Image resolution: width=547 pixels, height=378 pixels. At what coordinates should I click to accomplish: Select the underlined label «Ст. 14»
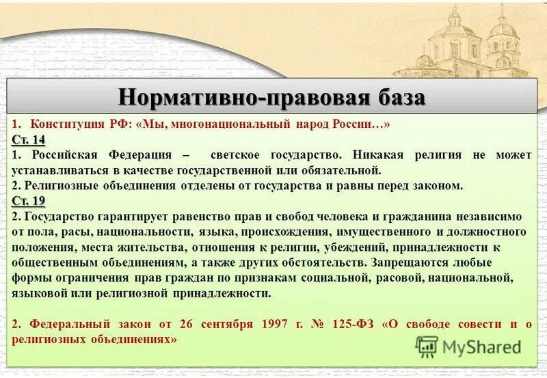(x=28, y=139)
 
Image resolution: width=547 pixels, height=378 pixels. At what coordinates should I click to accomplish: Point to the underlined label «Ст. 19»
(x=28, y=200)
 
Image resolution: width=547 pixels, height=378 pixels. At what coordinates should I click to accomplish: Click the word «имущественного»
(x=385, y=231)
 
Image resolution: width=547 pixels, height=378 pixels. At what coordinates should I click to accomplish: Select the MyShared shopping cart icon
(x=427, y=347)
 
